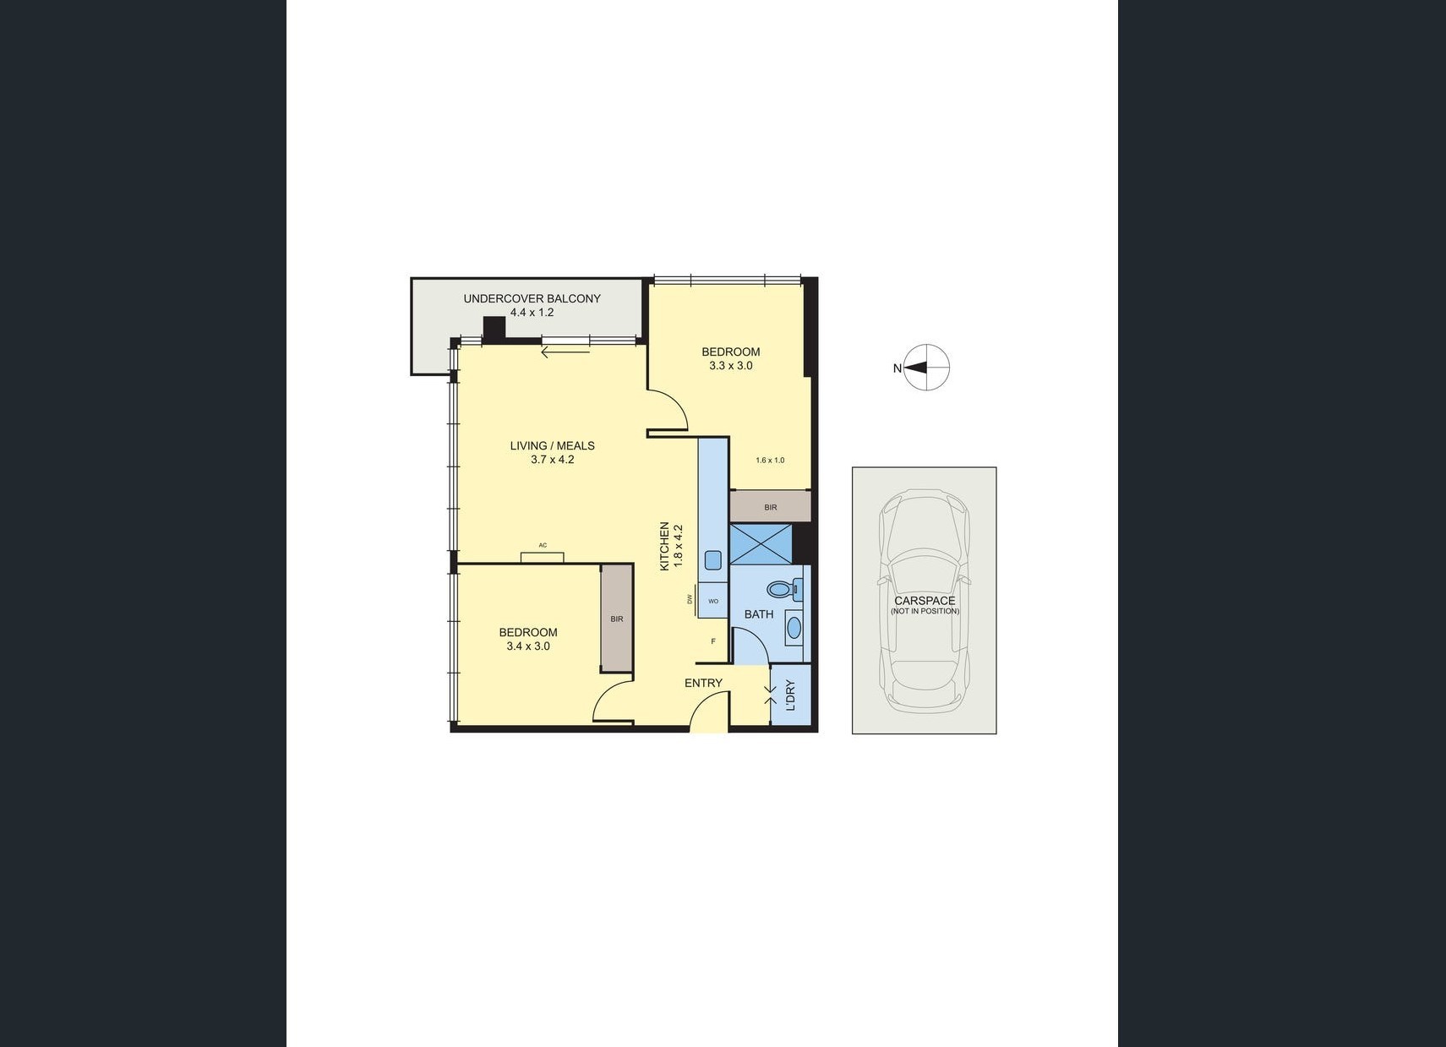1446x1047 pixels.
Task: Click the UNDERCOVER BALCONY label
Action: point(532,299)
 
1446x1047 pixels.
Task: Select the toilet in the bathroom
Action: point(784,589)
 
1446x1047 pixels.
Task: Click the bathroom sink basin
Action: point(794,626)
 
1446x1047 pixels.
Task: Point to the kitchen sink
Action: point(712,559)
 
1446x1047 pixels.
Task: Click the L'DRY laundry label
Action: point(791,695)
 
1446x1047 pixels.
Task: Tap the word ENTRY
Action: point(704,683)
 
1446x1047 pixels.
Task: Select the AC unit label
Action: point(543,545)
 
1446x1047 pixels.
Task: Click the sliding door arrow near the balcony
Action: point(565,352)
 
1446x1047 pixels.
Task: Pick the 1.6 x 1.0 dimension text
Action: point(770,461)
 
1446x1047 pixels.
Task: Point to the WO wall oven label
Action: point(713,601)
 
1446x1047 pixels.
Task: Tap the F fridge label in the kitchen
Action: point(713,641)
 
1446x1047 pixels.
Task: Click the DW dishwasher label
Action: point(690,599)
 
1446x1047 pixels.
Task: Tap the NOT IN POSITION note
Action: point(925,611)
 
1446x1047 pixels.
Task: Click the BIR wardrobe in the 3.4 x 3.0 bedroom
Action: point(617,619)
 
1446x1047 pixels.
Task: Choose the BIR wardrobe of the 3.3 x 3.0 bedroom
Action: point(770,507)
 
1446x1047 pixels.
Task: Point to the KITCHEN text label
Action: point(663,546)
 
